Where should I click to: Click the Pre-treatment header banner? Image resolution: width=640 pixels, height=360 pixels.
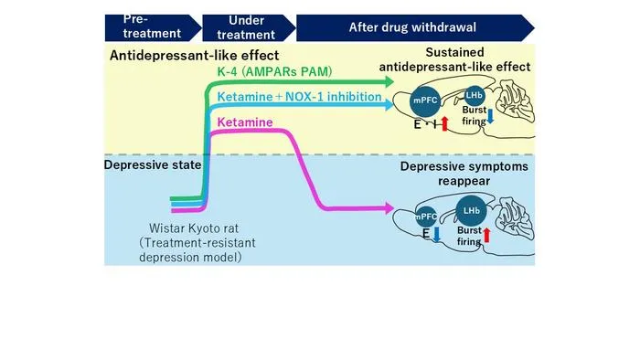click(153, 27)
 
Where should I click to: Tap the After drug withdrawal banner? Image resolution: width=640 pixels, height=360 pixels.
click(415, 27)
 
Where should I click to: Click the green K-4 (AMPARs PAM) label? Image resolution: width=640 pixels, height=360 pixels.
click(274, 72)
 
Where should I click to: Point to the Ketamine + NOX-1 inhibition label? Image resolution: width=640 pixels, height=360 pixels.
click(299, 97)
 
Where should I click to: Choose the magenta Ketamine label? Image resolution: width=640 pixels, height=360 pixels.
click(245, 122)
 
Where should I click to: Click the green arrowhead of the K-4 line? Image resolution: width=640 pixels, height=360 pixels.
click(389, 82)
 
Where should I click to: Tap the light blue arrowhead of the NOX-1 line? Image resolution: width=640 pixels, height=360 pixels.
click(389, 105)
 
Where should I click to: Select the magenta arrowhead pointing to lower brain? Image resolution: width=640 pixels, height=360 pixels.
click(389, 208)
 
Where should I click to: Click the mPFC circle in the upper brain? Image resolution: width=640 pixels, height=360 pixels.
click(425, 101)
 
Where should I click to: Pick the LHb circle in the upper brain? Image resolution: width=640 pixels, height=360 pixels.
click(474, 95)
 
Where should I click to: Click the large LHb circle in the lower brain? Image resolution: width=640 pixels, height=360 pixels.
click(471, 210)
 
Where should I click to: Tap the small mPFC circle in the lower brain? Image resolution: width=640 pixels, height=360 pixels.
click(426, 217)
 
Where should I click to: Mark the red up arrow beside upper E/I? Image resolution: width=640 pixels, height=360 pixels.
click(445, 123)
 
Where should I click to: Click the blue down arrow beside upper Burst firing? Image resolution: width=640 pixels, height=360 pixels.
click(490, 116)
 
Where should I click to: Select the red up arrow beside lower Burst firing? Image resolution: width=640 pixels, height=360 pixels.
click(486, 236)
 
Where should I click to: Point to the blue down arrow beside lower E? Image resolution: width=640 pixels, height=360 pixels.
click(437, 235)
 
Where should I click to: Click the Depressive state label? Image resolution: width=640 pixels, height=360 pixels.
click(153, 164)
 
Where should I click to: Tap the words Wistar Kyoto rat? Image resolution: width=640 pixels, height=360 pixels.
click(194, 228)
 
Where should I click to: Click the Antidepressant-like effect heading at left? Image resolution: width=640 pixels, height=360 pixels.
click(194, 56)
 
